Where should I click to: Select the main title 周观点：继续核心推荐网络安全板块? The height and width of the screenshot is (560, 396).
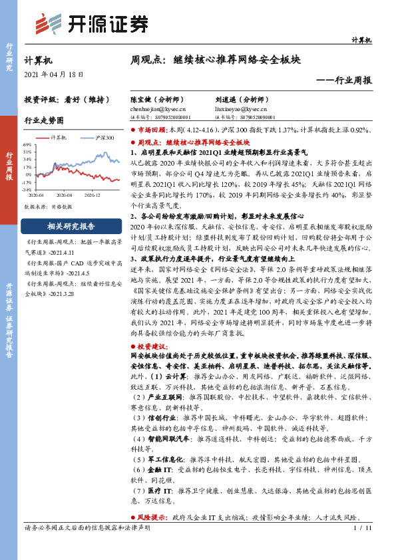point(216,60)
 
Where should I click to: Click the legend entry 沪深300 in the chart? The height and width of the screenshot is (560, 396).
point(104,138)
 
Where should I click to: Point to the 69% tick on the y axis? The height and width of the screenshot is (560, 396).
point(27,144)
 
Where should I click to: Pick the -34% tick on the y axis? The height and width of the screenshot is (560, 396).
point(27,189)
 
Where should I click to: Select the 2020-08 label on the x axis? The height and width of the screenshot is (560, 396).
point(64,195)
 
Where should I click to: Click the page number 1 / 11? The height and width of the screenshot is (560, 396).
point(362,529)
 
